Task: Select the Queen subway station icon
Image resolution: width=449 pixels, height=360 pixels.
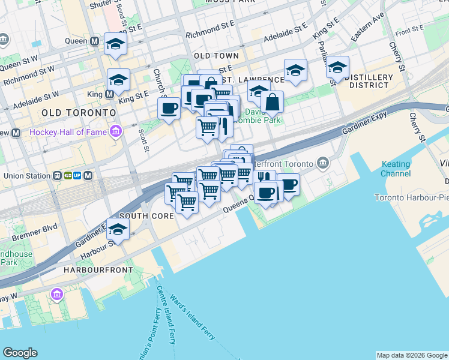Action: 95,41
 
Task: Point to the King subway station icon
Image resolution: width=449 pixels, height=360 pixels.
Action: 109,94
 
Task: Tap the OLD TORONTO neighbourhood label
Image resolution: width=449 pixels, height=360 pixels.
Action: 79,113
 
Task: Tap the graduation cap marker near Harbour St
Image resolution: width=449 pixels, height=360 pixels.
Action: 118,229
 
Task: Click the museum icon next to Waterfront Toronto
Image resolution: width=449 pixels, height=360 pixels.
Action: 323,163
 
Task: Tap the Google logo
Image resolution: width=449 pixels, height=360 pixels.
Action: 20,353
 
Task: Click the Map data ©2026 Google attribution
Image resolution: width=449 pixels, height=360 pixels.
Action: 412,355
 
